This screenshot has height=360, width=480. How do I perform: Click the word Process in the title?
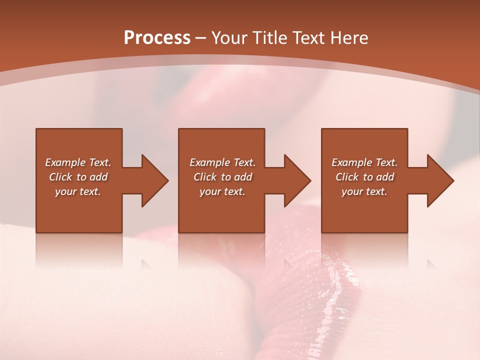tap(157, 38)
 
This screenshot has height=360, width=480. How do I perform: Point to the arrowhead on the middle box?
tap(296, 180)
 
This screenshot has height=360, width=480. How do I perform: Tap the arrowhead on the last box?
tap(439, 180)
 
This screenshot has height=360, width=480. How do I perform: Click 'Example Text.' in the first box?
tap(78, 162)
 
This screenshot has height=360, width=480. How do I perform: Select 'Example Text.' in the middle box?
tap(222, 162)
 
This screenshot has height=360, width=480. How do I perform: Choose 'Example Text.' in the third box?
tap(364, 162)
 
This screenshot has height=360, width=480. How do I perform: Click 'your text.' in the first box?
tap(78, 191)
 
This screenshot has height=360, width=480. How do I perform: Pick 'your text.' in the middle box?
tap(222, 191)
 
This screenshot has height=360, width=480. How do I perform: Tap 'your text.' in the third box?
tap(364, 191)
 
